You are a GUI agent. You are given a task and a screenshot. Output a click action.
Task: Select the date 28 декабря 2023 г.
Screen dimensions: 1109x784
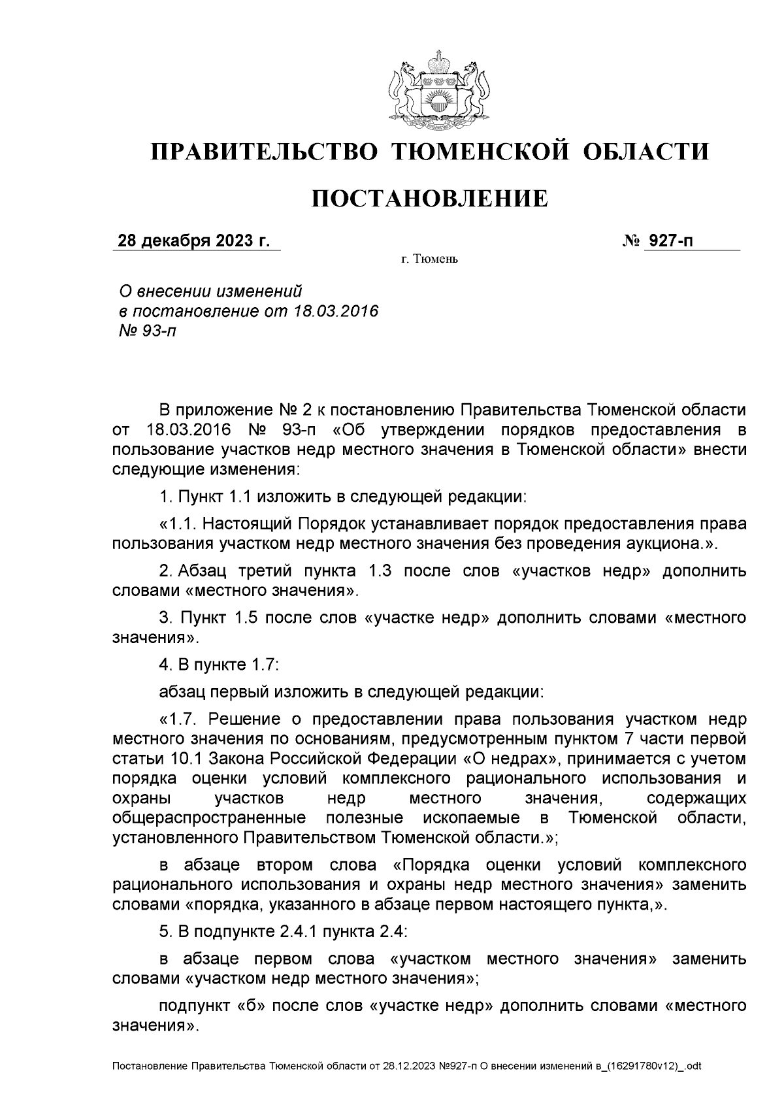point(193,241)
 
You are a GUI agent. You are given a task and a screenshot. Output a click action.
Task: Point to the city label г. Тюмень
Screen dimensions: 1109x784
point(429,260)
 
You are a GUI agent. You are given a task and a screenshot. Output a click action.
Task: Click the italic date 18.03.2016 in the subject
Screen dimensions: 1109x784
point(336,310)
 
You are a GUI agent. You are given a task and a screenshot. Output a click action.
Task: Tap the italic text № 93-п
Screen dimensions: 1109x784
point(144,331)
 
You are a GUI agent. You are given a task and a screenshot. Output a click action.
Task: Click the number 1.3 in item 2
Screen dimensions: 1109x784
point(380,571)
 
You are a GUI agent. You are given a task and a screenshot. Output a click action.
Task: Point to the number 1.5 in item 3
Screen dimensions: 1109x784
point(246,618)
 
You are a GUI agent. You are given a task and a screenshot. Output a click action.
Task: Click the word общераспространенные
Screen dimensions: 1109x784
point(209,818)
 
